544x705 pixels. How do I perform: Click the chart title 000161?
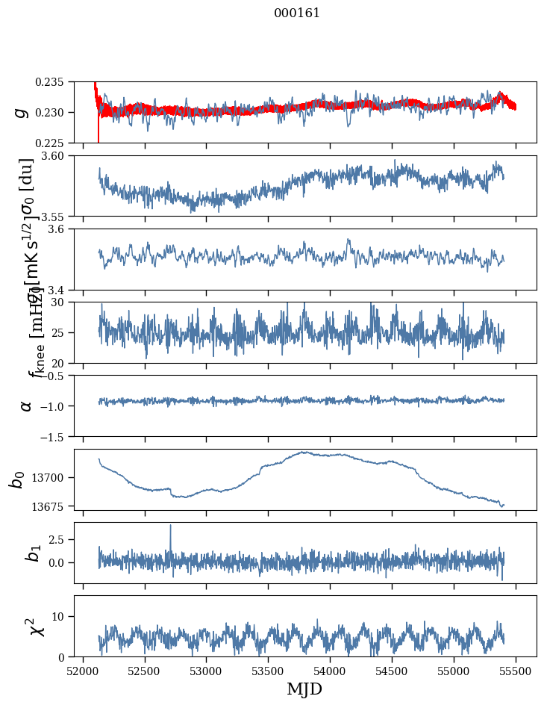click(297, 13)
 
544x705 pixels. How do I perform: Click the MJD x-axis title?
click(304, 689)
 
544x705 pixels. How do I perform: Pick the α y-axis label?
click(26, 406)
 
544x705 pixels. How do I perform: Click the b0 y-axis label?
click(16, 479)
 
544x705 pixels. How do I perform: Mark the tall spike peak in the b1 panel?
click(170, 525)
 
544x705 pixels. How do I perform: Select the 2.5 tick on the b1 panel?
click(60, 539)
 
